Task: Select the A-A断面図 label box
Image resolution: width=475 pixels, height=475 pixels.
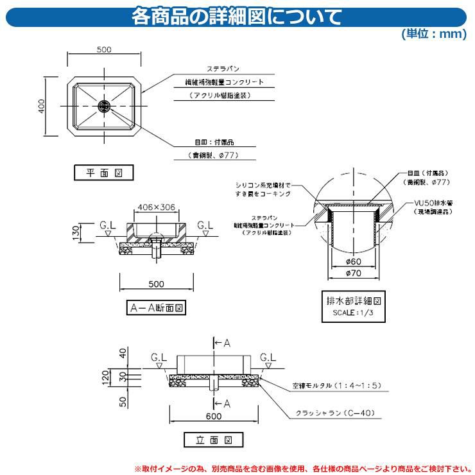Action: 157,307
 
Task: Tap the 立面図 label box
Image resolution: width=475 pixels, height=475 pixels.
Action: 214,440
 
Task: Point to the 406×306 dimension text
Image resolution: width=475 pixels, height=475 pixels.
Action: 157,207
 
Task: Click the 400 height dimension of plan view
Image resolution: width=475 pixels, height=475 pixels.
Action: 41,107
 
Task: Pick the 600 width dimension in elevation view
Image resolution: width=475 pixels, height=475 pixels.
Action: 214,416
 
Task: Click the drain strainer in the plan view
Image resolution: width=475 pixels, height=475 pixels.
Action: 105,105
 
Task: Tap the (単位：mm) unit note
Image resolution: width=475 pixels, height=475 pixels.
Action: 434,35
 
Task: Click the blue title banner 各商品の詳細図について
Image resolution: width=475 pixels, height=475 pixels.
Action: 237,15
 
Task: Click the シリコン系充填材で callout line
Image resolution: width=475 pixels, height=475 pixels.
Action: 263,184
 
